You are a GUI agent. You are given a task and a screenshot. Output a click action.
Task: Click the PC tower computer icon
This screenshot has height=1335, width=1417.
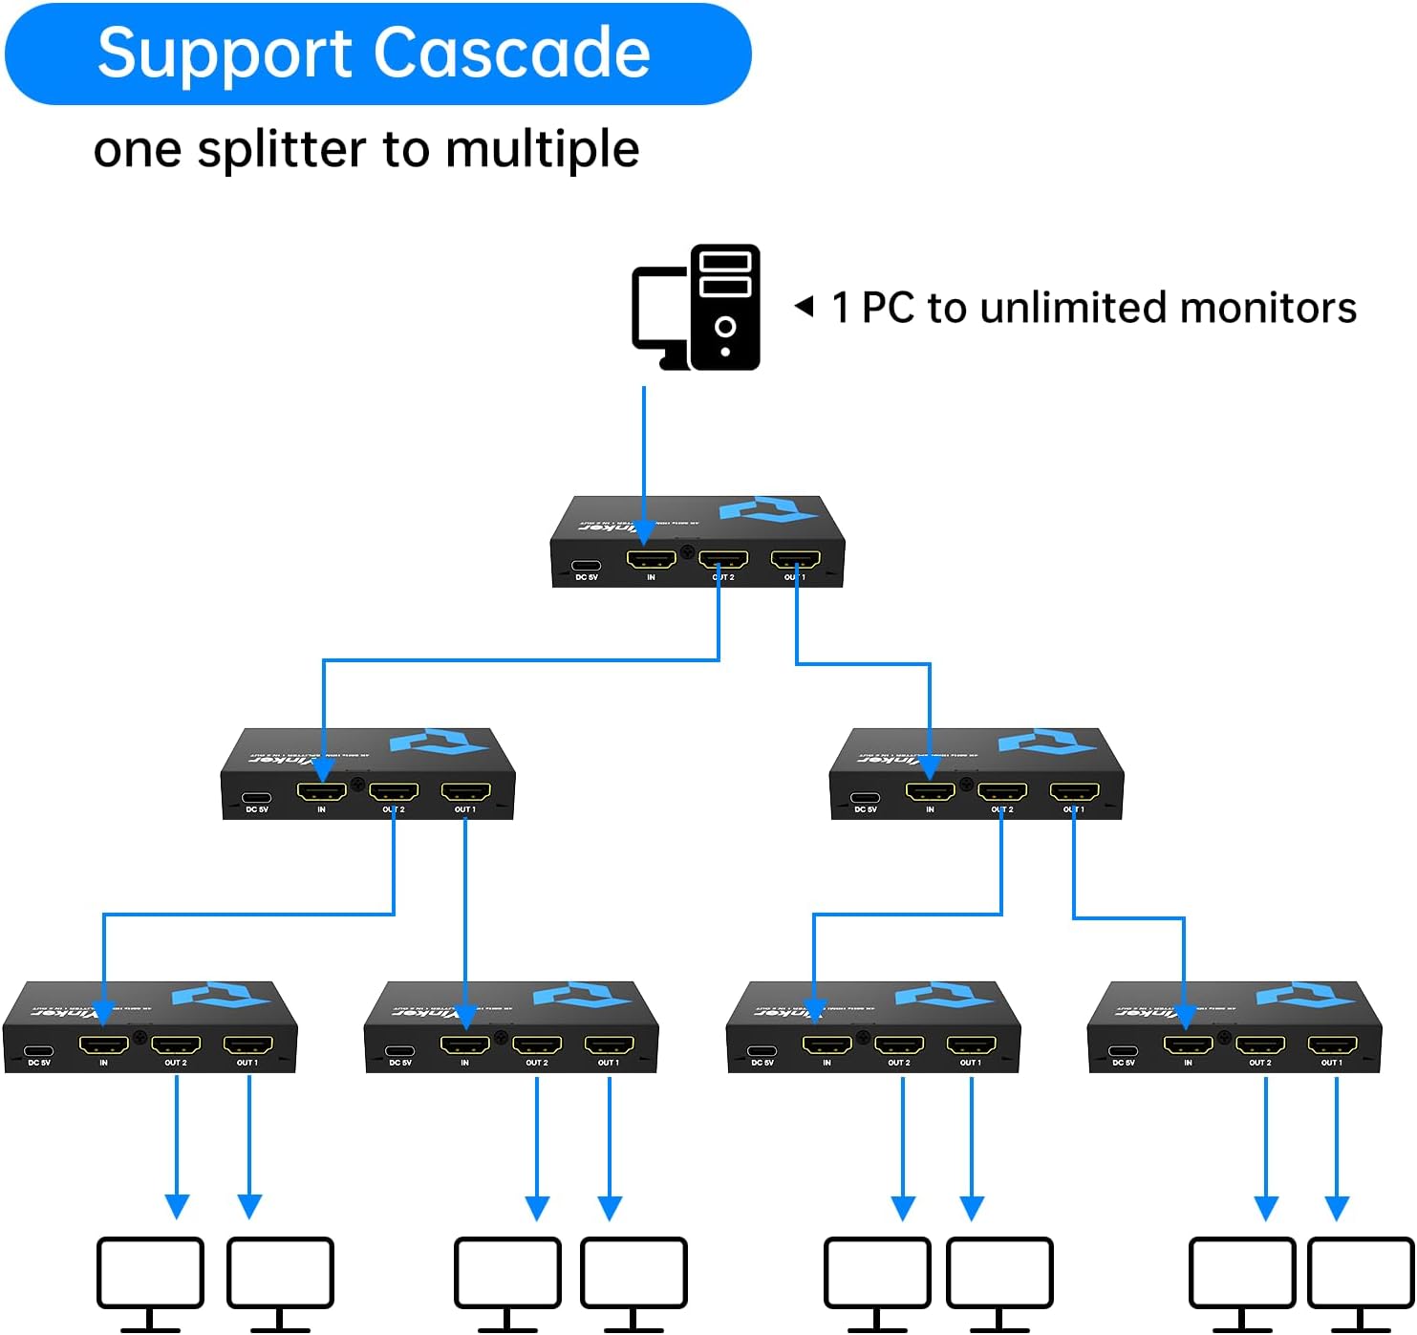coord(724,307)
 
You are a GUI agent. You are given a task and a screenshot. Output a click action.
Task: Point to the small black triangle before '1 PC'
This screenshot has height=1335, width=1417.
coord(805,307)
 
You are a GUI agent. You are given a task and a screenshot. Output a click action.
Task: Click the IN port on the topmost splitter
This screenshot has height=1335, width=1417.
coord(651,560)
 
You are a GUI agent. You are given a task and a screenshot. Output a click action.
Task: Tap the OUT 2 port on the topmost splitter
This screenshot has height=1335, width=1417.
coord(723,560)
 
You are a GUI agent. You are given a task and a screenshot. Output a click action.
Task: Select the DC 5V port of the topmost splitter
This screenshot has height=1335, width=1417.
coord(586,566)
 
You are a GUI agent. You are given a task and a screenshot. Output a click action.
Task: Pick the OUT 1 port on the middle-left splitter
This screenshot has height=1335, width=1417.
coord(465,792)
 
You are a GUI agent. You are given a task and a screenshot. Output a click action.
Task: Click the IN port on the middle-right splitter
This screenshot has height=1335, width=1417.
coord(930,792)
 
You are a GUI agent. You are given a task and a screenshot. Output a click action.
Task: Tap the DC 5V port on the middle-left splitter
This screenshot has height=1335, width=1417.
coord(256,798)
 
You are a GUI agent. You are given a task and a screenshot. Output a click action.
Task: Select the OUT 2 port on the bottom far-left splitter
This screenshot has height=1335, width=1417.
coord(176,1045)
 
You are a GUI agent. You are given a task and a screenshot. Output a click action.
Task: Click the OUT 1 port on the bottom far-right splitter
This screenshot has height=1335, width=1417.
coord(1332,1045)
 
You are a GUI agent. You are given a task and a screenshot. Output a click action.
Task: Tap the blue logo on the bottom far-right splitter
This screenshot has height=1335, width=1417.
coord(1303,995)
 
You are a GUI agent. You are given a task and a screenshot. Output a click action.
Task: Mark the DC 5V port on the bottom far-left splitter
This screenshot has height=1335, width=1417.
coord(38,1051)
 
